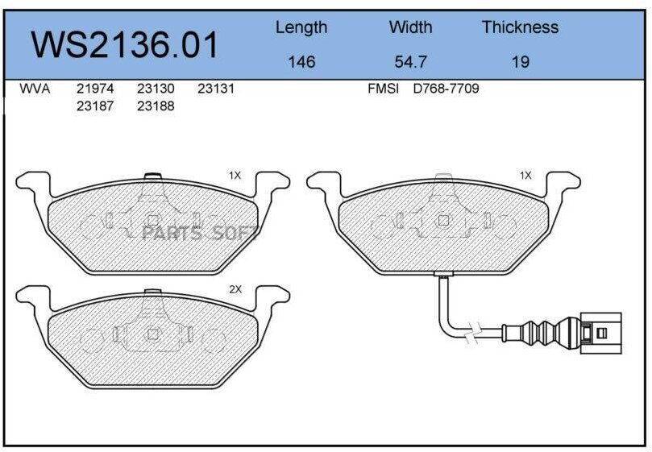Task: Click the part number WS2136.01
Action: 125,45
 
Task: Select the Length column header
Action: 301,28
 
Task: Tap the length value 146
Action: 301,62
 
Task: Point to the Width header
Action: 410,27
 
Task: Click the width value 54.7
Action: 410,62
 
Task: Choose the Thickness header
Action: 520,27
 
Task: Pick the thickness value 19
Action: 520,62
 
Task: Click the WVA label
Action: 35,89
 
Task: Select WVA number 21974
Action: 95,89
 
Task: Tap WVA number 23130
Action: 156,89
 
